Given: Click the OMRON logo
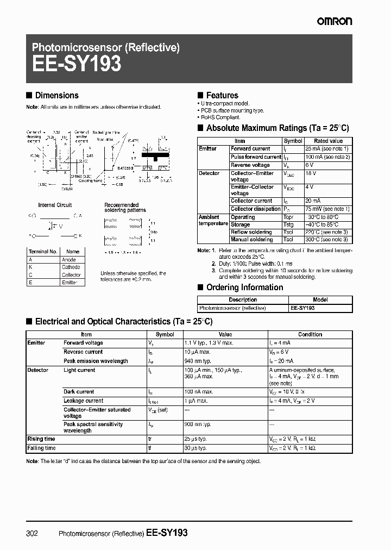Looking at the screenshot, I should (335, 21).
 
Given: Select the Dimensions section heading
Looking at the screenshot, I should (56, 95).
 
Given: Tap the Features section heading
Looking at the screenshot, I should (222, 95).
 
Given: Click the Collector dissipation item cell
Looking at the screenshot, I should (255, 209).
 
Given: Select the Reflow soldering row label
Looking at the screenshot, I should (251, 232).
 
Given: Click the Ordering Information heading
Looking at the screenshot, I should (244, 287).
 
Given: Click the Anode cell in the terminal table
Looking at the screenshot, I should (69, 260).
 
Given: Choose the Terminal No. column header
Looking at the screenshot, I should (42, 252).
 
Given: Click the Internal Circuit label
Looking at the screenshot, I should (55, 205).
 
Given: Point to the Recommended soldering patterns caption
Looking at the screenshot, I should (125, 208).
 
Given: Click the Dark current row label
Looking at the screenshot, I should (79, 392).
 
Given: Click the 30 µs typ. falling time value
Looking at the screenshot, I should (196, 448).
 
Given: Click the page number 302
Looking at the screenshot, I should (32, 533).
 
